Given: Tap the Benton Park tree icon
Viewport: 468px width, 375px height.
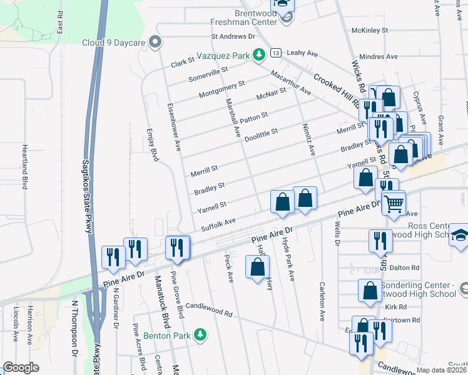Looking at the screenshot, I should pyautogui.click(x=200, y=335).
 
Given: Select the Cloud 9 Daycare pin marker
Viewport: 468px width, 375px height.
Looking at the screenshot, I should pyautogui.click(x=156, y=42).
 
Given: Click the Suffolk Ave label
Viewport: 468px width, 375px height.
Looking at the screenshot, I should pyautogui.click(x=218, y=225).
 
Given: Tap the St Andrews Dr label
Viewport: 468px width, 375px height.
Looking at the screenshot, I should pyautogui.click(x=233, y=37).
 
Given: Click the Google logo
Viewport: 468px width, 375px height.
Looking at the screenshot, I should pyautogui.click(x=21, y=367).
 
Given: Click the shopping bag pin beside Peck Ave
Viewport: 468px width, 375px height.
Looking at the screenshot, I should pyautogui.click(x=258, y=267).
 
